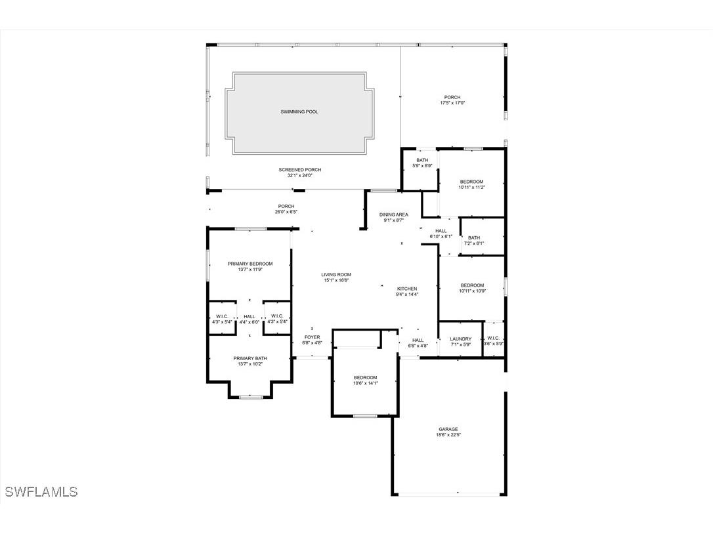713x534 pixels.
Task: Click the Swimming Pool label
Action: pyautogui.click(x=299, y=112)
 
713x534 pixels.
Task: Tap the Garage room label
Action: pyautogui.click(x=448, y=429)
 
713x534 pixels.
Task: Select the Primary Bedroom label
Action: pyautogui.click(x=250, y=264)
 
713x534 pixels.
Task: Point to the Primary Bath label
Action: pyautogui.click(x=250, y=358)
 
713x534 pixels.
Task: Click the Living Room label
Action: pyautogui.click(x=336, y=275)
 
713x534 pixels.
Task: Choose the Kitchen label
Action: pyautogui.click(x=407, y=289)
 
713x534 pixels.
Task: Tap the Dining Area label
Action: pyautogui.click(x=394, y=215)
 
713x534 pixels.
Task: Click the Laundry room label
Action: pyautogui.click(x=461, y=339)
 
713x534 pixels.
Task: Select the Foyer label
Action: pyautogui.click(x=312, y=337)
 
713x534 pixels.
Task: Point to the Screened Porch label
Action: pyautogui.click(x=300, y=170)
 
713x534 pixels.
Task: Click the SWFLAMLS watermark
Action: pyautogui.click(x=41, y=491)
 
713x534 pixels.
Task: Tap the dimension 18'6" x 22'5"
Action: pyautogui.click(x=449, y=435)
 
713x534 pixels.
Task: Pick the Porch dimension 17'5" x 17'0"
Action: pyautogui.click(x=452, y=103)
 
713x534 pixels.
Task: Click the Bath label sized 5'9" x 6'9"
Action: pyautogui.click(x=422, y=160)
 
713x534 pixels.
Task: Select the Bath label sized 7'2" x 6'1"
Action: pyautogui.click(x=474, y=238)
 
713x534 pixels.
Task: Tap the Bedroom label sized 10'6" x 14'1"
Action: pyautogui.click(x=366, y=377)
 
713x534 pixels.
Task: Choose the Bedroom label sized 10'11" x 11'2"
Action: pyautogui.click(x=471, y=182)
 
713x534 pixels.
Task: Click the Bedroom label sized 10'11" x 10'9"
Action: pyautogui.click(x=472, y=285)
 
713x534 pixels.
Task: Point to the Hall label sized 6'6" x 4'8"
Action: pyautogui.click(x=418, y=340)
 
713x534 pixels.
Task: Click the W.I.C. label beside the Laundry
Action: pyautogui.click(x=494, y=339)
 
